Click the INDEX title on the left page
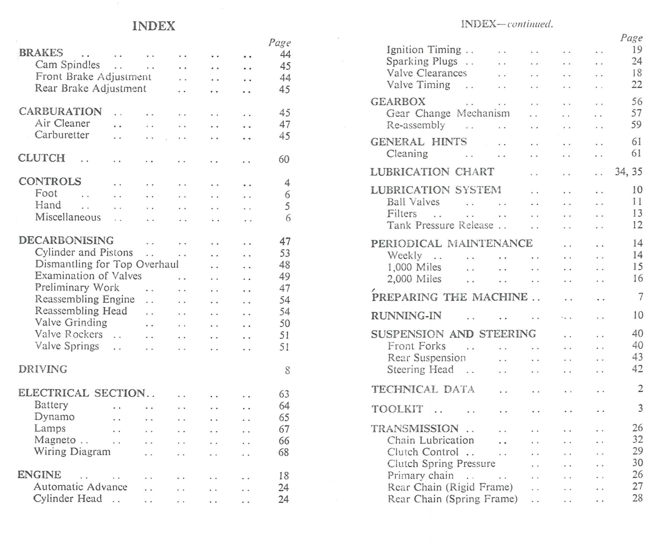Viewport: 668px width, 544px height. tap(154, 26)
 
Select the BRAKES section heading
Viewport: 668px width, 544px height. tap(41, 53)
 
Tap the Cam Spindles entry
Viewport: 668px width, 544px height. tap(68, 65)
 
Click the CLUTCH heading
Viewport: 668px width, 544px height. tap(41, 158)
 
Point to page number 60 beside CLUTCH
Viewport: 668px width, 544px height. tap(284, 159)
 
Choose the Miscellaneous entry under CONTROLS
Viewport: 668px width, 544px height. tap(68, 217)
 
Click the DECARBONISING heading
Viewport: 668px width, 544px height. tap(66, 241)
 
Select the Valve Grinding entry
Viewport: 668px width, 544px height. tap(71, 323)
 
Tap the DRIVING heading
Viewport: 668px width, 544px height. tap(43, 369)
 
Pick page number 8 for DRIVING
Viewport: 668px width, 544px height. tap(287, 370)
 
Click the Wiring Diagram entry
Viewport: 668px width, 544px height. tap(72, 452)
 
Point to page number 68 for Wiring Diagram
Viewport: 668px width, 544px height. tap(284, 453)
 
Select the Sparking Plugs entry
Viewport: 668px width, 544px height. tap(422, 61)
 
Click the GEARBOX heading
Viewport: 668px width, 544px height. tap(398, 102)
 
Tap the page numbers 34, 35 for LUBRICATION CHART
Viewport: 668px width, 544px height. tap(628, 172)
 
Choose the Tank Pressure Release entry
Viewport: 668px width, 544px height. tap(440, 225)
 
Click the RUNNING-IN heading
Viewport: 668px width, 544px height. tap(406, 316)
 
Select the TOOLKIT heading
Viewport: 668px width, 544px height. tap(397, 409)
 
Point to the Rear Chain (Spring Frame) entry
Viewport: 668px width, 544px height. tap(452, 499)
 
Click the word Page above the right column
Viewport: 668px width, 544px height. tap(631, 38)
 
